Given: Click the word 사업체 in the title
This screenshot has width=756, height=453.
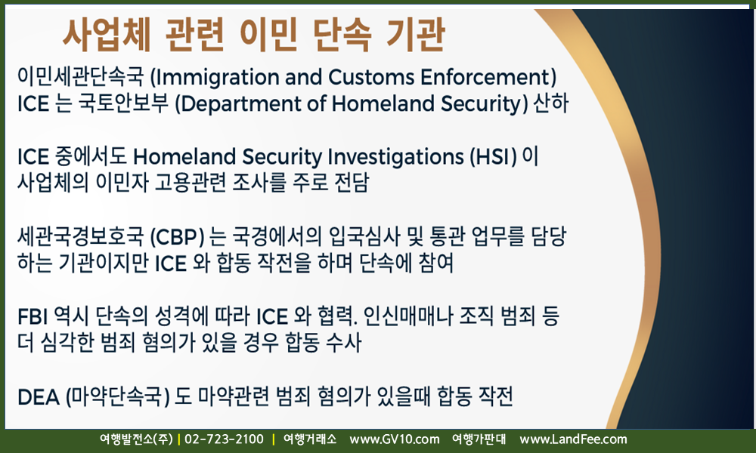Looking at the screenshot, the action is pyautogui.click(x=107, y=35).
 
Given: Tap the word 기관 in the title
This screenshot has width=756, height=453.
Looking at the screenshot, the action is pyautogui.click(x=416, y=35).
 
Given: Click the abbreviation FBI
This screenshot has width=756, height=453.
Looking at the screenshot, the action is pyautogui.click(x=33, y=317).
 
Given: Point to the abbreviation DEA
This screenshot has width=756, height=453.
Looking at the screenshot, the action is pyautogui.click(x=38, y=398).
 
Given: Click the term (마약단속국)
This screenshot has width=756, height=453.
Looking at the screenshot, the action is pyautogui.click(x=117, y=397).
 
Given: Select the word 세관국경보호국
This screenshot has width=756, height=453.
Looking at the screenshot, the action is pyautogui.click(x=81, y=237).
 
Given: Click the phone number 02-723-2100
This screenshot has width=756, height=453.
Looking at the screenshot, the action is pyautogui.click(x=225, y=439).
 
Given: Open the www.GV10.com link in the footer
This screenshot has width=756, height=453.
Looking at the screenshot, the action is pyautogui.click(x=395, y=439).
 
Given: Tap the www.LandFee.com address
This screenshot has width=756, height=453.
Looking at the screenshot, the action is pyautogui.click(x=573, y=439).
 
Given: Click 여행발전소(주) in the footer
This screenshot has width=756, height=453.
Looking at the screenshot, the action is pyautogui.click(x=136, y=439).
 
